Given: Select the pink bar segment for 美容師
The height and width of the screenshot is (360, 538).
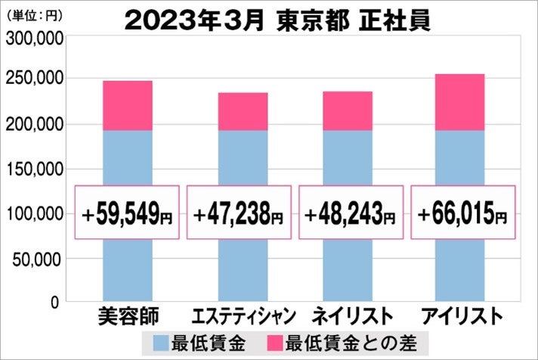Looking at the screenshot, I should (127, 106).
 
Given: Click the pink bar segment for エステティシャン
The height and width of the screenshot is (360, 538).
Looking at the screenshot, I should (243, 112).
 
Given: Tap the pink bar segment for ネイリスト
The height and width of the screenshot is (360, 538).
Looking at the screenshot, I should (347, 111).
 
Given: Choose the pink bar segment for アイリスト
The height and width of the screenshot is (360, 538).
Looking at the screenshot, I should (459, 102).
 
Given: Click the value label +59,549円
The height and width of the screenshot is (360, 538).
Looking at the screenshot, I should (128, 213).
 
